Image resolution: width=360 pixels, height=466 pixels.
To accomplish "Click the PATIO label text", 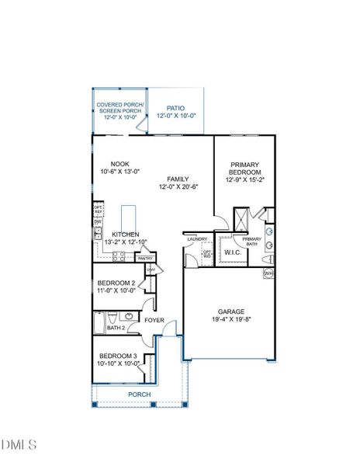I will tap(176, 109).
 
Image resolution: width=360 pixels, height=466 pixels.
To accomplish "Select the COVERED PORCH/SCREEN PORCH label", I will tap(119, 107).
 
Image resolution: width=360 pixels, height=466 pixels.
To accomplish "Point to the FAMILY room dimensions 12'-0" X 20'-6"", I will tap(179, 186).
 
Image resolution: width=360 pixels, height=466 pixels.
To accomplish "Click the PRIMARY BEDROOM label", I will tap(245, 169).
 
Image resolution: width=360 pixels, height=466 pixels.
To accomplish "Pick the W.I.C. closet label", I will tap(231, 252).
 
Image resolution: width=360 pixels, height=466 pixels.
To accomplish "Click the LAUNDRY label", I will tap(196, 239).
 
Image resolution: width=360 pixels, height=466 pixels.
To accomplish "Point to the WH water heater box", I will tap(268, 273).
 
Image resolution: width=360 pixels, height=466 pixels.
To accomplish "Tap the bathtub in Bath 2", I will tap(99, 321).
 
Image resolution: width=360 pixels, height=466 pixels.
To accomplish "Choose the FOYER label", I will tap(154, 319).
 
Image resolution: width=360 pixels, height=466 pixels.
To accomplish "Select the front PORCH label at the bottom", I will tap(140, 394).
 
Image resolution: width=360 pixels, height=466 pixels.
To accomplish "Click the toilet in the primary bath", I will tap(266, 259).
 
